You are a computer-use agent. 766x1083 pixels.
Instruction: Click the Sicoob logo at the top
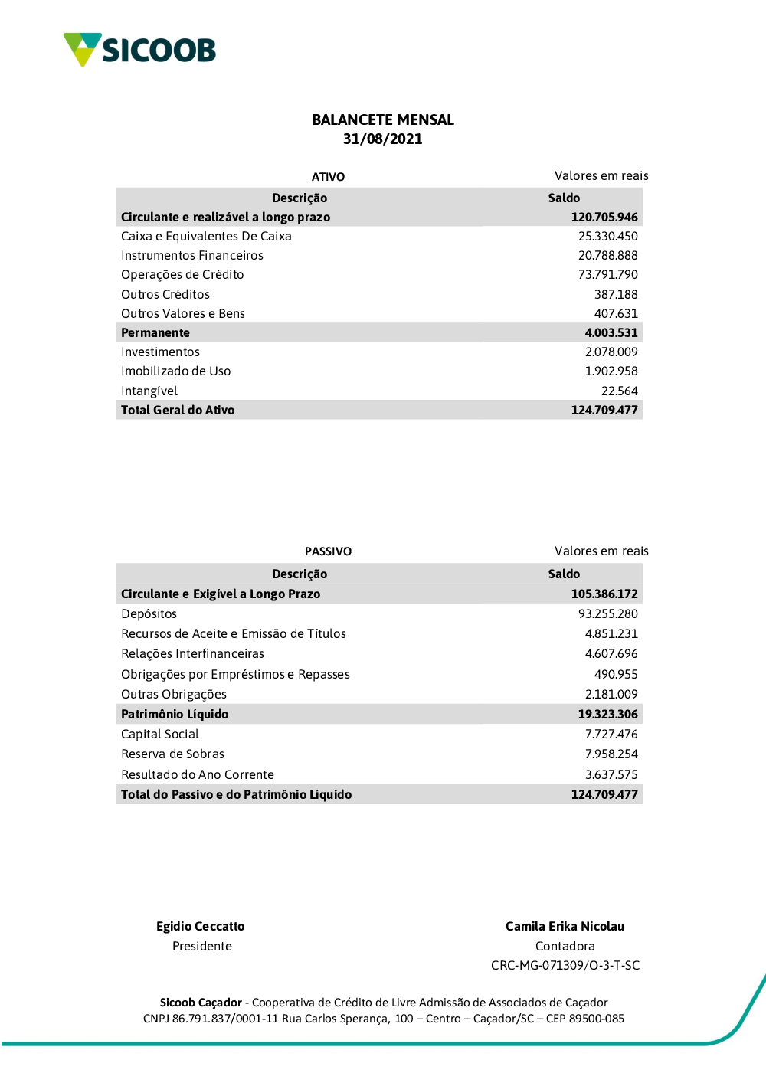click(x=139, y=50)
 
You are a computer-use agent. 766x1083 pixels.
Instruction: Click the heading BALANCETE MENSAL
click(x=383, y=119)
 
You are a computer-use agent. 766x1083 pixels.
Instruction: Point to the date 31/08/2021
click(x=383, y=139)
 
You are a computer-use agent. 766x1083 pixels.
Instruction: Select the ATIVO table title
click(x=328, y=177)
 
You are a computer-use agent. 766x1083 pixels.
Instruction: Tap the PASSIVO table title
click(x=328, y=551)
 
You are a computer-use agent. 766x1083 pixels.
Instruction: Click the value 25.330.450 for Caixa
click(x=607, y=237)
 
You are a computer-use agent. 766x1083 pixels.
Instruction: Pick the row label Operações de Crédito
click(x=182, y=275)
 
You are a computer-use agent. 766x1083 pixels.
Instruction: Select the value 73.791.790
click(x=607, y=275)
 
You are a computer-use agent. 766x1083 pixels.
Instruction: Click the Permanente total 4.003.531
click(x=611, y=333)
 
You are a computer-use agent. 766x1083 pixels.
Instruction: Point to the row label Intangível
click(x=149, y=391)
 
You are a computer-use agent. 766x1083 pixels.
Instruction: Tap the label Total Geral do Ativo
click(x=178, y=411)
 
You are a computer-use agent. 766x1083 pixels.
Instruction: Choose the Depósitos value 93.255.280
click(x=607, y=614)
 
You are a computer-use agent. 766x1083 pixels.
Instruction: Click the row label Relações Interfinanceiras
click(x=192, y=654)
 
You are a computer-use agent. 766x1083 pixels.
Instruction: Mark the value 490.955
click(x=616, y=675)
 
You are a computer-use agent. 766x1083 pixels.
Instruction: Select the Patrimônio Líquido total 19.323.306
click(x=607, y=715)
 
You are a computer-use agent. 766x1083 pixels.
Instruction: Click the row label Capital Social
click(x=160, y=735)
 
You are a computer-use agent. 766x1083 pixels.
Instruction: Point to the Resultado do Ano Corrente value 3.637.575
click(x=611, y=775)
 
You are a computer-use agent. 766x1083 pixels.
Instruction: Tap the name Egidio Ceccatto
click(x=201, y=927)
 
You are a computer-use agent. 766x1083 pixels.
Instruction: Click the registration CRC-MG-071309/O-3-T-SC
click(x=565, y=966)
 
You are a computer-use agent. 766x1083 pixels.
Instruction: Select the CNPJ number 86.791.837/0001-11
click(x=225, y=1019)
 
